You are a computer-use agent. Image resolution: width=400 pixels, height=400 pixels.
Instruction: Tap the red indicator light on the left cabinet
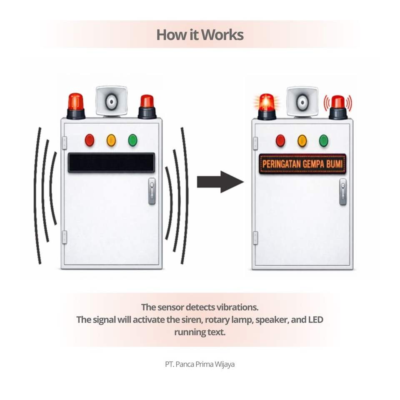pos(90,140)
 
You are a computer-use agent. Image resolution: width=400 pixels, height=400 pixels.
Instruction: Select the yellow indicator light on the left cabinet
pos(111,140)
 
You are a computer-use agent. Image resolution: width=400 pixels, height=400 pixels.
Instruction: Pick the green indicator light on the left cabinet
pos(133,140)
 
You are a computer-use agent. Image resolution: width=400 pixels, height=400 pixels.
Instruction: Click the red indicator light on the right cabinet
pos(280,141)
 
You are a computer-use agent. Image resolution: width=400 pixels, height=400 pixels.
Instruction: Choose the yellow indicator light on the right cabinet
pos(302,141)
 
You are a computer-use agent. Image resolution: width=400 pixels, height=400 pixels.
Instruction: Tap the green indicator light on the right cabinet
pos(324,141)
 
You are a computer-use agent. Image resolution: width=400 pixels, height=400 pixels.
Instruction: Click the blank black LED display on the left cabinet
pos(111,162)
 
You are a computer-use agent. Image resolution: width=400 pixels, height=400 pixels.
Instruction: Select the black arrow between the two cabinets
pos(220,182)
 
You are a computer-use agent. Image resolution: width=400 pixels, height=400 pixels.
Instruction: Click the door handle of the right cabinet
pos(343,192)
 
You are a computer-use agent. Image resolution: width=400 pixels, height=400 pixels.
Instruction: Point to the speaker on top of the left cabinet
pos(111,101)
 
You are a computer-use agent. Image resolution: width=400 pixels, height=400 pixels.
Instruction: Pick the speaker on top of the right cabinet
pos(302,101)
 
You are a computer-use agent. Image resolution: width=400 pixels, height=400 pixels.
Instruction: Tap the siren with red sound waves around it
pos(338,107)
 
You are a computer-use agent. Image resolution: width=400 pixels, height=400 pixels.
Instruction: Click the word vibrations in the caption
pos(237,307)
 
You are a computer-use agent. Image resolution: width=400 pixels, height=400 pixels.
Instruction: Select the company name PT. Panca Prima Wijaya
pos(200,364)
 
